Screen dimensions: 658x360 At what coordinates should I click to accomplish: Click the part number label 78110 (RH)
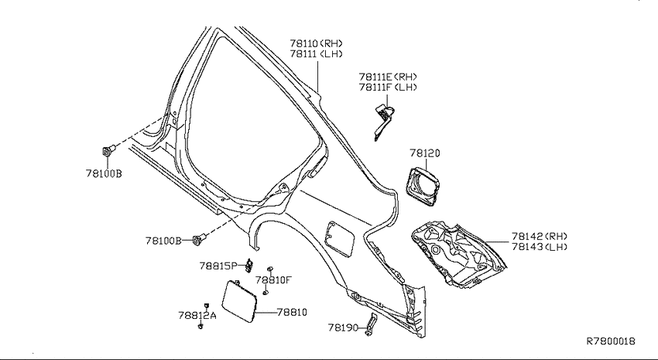(x=316, y=43)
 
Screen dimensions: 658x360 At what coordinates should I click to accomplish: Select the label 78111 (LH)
(x=316, y=53)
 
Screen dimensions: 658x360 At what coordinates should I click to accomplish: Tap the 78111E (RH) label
(x=388, y=77)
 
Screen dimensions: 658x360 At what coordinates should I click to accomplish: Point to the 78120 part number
(x=425, y=153)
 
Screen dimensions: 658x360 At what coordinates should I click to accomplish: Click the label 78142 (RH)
(x=540, y=236)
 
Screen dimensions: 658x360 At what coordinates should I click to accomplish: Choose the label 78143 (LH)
(x=540, y=247)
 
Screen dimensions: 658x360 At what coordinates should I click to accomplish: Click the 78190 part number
(x=343, y=327)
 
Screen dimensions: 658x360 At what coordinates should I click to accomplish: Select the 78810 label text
(x=292, y=312)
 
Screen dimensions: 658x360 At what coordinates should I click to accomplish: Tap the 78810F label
(x=273, y=279)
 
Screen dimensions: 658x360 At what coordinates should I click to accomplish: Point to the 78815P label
(x=218, y=266)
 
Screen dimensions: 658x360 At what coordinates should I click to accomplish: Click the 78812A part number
(x=197, y=315)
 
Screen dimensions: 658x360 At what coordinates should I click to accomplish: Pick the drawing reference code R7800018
(x=611, y=341)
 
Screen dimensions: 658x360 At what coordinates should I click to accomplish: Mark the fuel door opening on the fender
(x=340, y=238)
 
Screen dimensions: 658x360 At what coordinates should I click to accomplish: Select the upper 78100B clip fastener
(x=108, y=151)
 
